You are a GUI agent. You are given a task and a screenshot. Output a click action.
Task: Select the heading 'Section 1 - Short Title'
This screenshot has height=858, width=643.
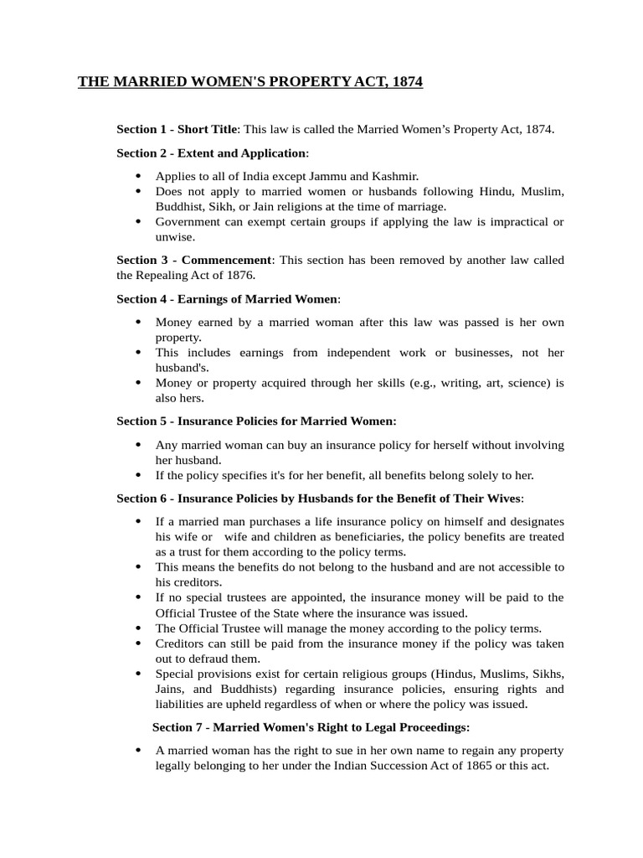point(177,130)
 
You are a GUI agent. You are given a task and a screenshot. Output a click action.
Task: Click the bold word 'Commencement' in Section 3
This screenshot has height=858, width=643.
point(227,260)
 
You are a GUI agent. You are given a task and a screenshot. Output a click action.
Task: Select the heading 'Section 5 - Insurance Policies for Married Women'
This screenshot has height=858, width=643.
point(256,421)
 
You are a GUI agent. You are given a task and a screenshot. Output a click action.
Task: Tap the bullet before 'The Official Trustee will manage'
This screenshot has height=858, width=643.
point(138,628)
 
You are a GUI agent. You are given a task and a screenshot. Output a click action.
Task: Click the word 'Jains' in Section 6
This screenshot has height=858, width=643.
point(170,689)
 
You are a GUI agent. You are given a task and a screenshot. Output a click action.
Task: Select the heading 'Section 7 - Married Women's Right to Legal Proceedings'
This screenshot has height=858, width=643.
point(311,726)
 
